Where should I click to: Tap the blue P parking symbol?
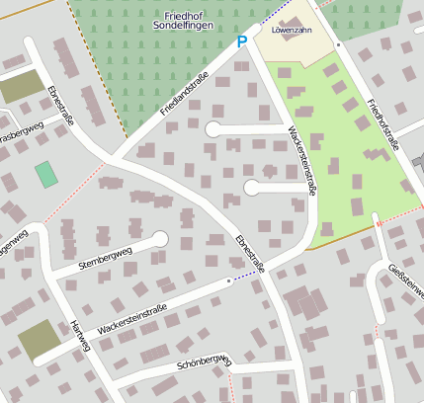(x=241, y=42)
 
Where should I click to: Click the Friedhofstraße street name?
(x=382, y=123)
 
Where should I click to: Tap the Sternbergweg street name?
(x=105, y=256)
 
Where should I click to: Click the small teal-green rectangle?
(x=45, y=175)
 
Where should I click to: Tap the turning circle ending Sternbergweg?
(x=161, y=238)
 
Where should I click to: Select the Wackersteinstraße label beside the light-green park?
(x=300, y=161)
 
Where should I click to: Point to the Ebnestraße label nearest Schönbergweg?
(x=250, y=254)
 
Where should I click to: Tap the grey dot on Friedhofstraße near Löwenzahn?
(x=338, y=44)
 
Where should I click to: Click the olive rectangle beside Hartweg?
(x=37, y=341)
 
